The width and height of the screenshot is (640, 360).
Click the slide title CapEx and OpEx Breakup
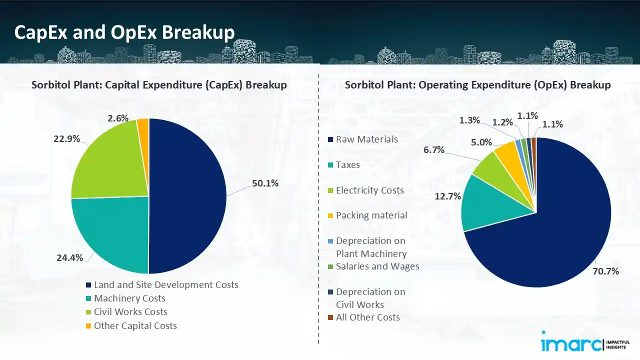(124, 32)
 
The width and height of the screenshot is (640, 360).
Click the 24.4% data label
(70, 258)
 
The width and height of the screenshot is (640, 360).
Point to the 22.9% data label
(67, 139)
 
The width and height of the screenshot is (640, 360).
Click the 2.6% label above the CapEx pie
(118, 118)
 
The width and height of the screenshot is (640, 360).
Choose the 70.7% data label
(606, 271)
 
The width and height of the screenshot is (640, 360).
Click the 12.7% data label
(447, 196)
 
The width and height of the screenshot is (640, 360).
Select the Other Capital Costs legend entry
(135, 326)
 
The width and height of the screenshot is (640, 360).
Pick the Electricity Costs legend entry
(369, 190)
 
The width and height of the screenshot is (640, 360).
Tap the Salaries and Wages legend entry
(377, 266)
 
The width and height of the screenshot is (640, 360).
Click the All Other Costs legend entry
(367, 317)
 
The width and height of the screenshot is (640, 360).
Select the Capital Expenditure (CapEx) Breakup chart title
(159, 85)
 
